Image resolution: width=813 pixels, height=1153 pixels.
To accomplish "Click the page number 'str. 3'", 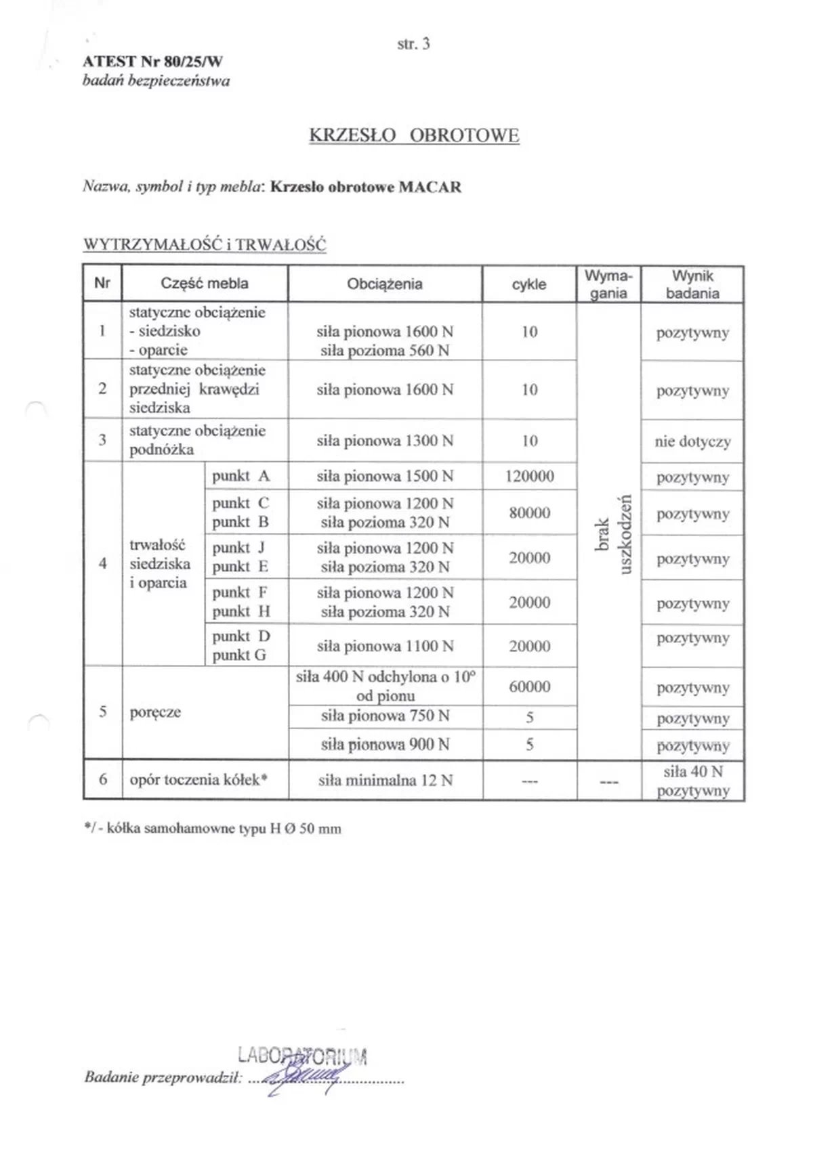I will (x=413, y=44).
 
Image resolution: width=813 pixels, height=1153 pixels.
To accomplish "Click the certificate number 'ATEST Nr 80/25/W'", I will (x=152, y=62).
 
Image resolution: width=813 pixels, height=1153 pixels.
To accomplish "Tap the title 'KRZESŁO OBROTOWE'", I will (x=414, y=135).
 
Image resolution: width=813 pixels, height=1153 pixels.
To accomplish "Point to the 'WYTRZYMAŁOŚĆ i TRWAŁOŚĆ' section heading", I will (x=205, y=244).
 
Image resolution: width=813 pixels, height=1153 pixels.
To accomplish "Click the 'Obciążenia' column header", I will (x=385, y=284).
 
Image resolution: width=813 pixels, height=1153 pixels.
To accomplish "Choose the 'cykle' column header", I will (x=529, y=284).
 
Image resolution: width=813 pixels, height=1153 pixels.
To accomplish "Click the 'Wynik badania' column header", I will (x=692, y=284).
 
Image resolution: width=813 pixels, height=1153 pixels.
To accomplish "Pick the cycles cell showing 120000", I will (x=529, y=477).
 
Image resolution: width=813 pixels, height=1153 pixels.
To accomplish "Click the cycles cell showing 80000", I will (x=529, y=513).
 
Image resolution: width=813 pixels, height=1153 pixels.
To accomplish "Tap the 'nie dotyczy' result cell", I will (x=692, y=442).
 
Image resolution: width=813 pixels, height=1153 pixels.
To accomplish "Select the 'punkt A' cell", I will (x=241, y=476).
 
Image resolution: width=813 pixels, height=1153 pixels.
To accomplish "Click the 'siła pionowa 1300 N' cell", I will (x=385, y=441).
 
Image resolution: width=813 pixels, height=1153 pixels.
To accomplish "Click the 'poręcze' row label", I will (x=155, y=712).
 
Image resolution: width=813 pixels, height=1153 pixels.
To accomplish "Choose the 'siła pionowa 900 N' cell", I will (x=385, y=745).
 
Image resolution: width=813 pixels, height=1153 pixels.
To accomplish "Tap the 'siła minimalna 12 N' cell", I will (x=385, y=781).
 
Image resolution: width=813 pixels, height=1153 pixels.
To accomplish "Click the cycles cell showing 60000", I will (x=529, y=687).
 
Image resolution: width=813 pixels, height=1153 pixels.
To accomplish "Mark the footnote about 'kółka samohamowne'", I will (x=212, y=829).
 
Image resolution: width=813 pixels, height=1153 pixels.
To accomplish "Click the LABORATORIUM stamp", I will (x=302, y=1056).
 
